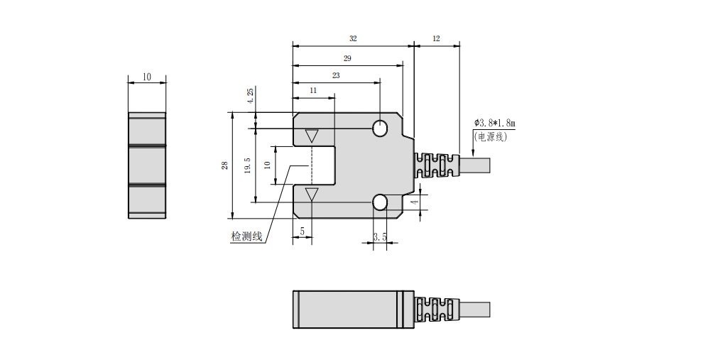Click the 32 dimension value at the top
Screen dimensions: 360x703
[x=353, y=38]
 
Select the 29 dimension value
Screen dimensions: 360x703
[x=347, y=58]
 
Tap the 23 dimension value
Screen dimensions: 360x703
[x=336, y=75]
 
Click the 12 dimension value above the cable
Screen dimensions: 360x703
[x=436, y=38]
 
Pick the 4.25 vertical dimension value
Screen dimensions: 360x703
[x=249, y=97]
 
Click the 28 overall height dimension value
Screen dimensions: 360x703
[x=224, y=165]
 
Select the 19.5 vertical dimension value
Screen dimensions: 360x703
[x=247, y=166]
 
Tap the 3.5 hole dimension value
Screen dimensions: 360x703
[x=380, y=237]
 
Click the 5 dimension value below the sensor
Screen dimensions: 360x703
[x=303, y=231]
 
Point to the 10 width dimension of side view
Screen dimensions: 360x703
[x=147, y=77]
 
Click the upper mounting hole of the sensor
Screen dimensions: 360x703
[x=380, y=129]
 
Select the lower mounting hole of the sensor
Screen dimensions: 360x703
[x=380, y=202]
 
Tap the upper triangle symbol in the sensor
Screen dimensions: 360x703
[x=312, y=136]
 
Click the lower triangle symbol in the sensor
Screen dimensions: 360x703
[x=312, y=195]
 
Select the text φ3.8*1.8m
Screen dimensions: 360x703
[x=494, y=124]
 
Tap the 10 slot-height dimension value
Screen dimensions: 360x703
[x=266, y=165]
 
